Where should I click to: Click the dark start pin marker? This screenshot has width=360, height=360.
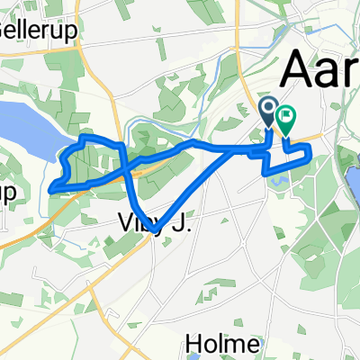269,112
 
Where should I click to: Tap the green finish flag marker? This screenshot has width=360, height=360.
286,117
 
